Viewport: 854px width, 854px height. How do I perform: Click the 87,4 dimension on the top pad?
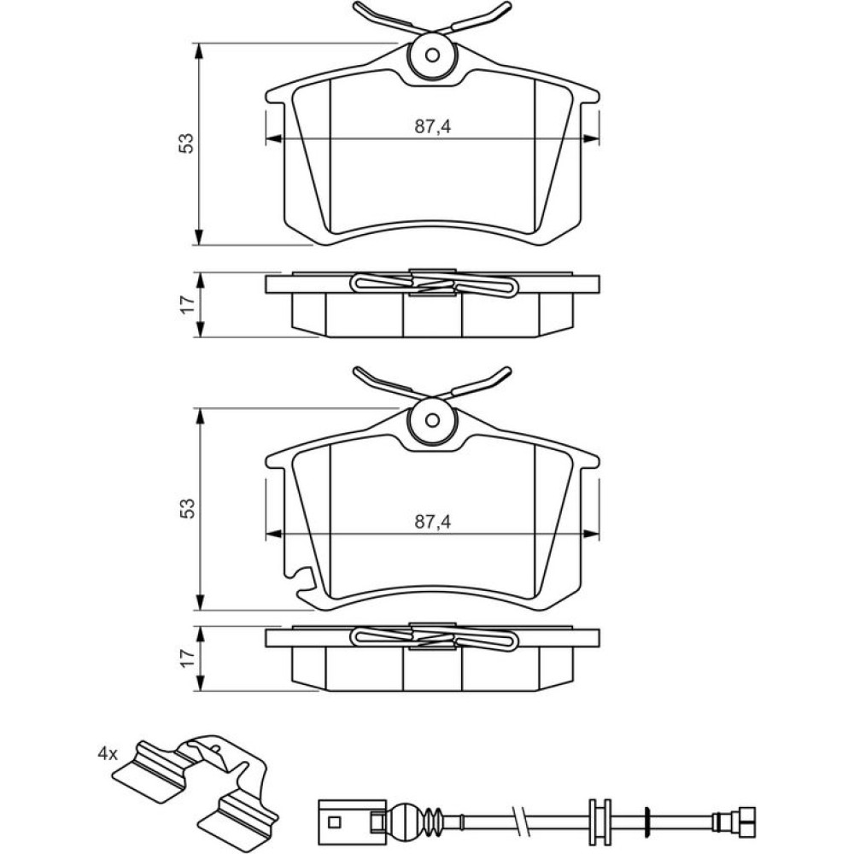pyautogui.click(x=433, y=126)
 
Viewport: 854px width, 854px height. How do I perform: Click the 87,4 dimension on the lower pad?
pyautogui.click(x=433, y=521)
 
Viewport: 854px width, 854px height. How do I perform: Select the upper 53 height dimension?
pyautogui.click(x=187, y=143)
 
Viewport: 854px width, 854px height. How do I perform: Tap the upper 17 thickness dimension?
pyautogui.click(x=187, y=304)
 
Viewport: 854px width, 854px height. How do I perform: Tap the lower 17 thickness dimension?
pyautogui.click(x=187, y=658)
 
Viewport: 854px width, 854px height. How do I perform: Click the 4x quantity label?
pyautogui.click(x=106, y=754)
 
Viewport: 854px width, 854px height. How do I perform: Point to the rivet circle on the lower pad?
pyautogui.click(x=433, y=420)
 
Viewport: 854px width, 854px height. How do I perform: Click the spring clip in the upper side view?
pyautogui.click(x=433, y=284)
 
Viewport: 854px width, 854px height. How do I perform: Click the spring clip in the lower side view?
pyautogui.click(x=433, y=638)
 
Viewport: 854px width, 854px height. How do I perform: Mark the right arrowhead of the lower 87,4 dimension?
pyautogui.click(x=593, y=535)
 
